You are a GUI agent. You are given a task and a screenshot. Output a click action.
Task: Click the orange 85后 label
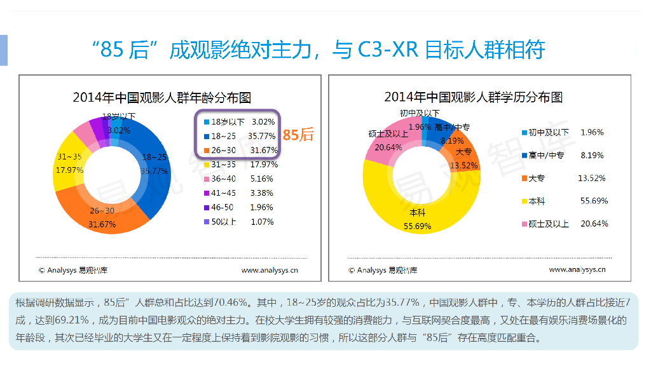[x=298, y=135]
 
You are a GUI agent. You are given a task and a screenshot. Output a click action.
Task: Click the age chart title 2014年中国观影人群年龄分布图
[x=162, y=98]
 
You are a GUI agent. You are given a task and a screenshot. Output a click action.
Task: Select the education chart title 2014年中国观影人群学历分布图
[x=474, y=97]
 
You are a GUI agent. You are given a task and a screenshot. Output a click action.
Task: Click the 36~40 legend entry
[x=238, y=179]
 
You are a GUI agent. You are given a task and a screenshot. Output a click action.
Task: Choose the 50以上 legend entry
[x=238, y=222]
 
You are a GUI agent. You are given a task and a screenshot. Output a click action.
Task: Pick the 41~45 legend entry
[x=238, y=193]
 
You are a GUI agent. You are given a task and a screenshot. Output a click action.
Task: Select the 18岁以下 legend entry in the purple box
[x=238, y=121]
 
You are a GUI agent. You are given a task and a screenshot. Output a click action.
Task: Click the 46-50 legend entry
[x=238, y=208]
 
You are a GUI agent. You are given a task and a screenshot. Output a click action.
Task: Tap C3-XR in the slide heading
[x=387, y=50]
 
